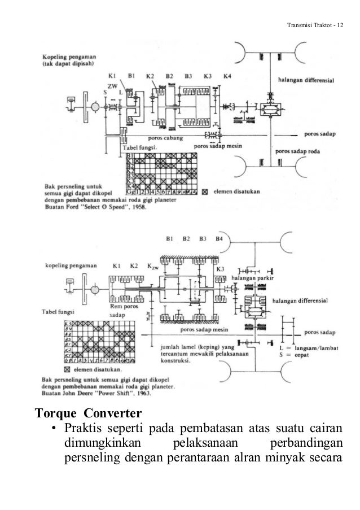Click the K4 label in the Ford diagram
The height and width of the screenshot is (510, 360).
pos(227,76)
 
